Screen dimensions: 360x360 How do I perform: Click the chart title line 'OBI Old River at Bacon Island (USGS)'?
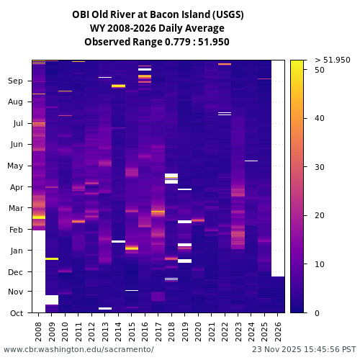tap(158, 14)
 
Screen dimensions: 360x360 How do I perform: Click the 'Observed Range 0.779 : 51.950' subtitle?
tap(157, 42)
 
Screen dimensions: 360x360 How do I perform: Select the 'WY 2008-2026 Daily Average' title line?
tap(157, 28)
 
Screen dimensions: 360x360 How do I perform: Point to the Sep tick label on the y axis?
tap(15, 81)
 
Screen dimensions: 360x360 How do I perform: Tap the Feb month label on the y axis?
tap(16, 230)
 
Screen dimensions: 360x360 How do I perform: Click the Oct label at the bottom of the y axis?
tap(16, 313)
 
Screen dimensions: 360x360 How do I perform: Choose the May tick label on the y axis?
tap(15, 166)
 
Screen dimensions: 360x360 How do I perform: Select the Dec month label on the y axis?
tap(16, 272)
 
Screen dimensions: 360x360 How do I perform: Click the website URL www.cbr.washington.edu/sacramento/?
tap(78, 350)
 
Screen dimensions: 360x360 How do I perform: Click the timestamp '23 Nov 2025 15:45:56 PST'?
tap(304, 350)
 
